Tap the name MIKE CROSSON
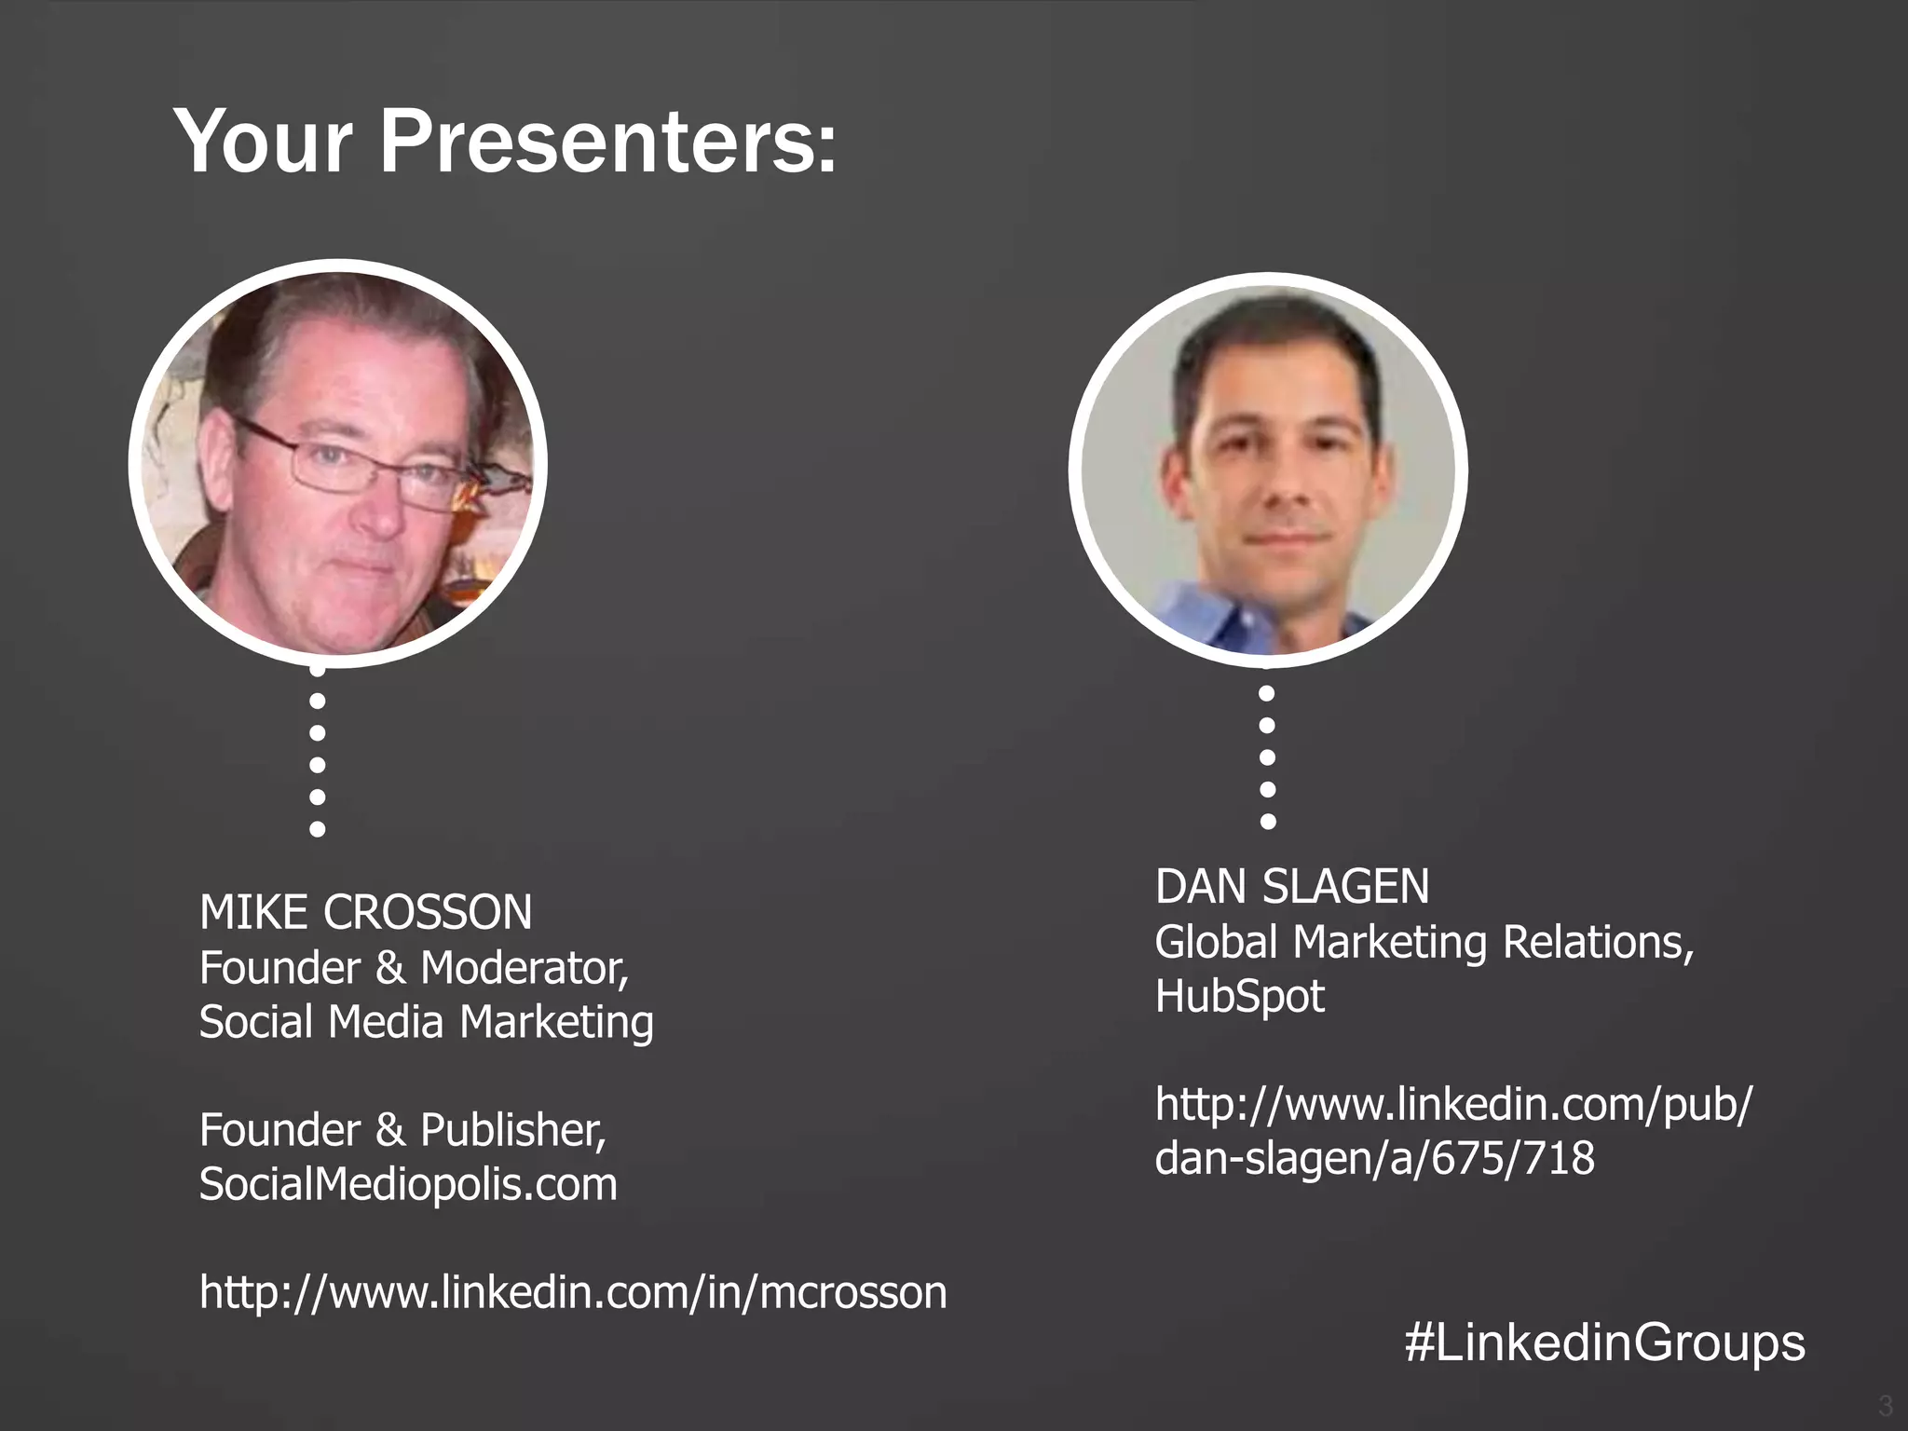click(365, 912)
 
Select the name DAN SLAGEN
click(1291, 886)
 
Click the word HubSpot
click(1239, 996)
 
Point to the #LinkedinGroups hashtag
click(1604, 1342)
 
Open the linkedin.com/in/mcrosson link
click(573, 1292)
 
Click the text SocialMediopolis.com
click(408, 1184)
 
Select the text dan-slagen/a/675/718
click(1374, 1158)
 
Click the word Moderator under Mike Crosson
click(524, 968)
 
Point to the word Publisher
click(512, 1130)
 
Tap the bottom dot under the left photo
click(317, 828)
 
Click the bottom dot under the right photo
click(1267, 821)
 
